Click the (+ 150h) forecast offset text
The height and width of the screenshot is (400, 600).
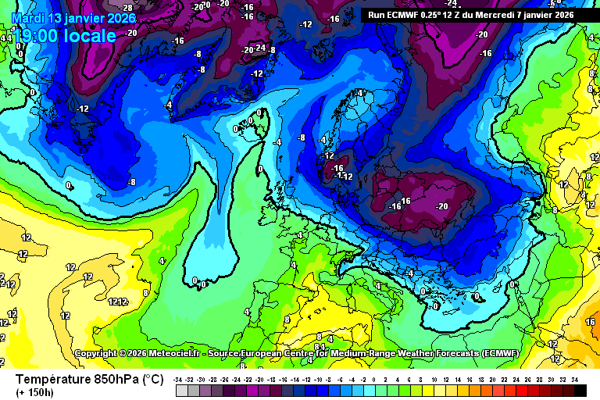click(x=35, y=391)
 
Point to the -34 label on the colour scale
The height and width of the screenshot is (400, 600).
click(x=179, y=379)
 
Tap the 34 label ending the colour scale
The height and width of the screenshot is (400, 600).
click(x=575, y=379)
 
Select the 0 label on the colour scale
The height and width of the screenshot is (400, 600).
click(x=376, y=379)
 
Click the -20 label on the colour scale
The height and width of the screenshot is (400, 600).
click(x=260, y=379)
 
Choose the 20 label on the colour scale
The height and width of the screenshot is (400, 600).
click(x=493, y=379)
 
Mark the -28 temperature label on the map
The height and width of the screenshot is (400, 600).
click(x=126, y=7)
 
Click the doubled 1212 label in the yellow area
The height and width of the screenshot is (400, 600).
click(x=118, y=302)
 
